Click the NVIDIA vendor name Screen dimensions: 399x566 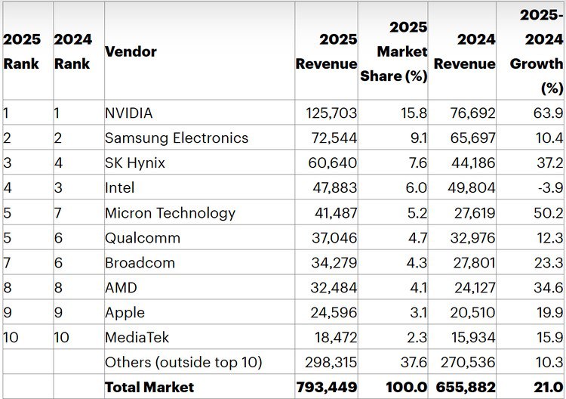pos(129,113)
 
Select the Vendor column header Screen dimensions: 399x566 pos(131,51)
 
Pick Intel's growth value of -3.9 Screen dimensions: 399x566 pos(549,188)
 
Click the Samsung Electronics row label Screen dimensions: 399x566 pos(177,138)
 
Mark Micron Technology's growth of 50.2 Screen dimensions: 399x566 pos(548,213)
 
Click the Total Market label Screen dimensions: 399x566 pos(149,387)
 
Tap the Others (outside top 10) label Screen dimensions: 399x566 pos(183,363)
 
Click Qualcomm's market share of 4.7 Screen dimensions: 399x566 pos(414,238)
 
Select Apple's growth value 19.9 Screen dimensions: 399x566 pos(549,313)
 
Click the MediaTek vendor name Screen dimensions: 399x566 pos(135,338)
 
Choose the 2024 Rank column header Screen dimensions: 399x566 pos(72,51)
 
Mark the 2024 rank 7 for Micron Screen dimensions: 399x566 pos(59,213)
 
